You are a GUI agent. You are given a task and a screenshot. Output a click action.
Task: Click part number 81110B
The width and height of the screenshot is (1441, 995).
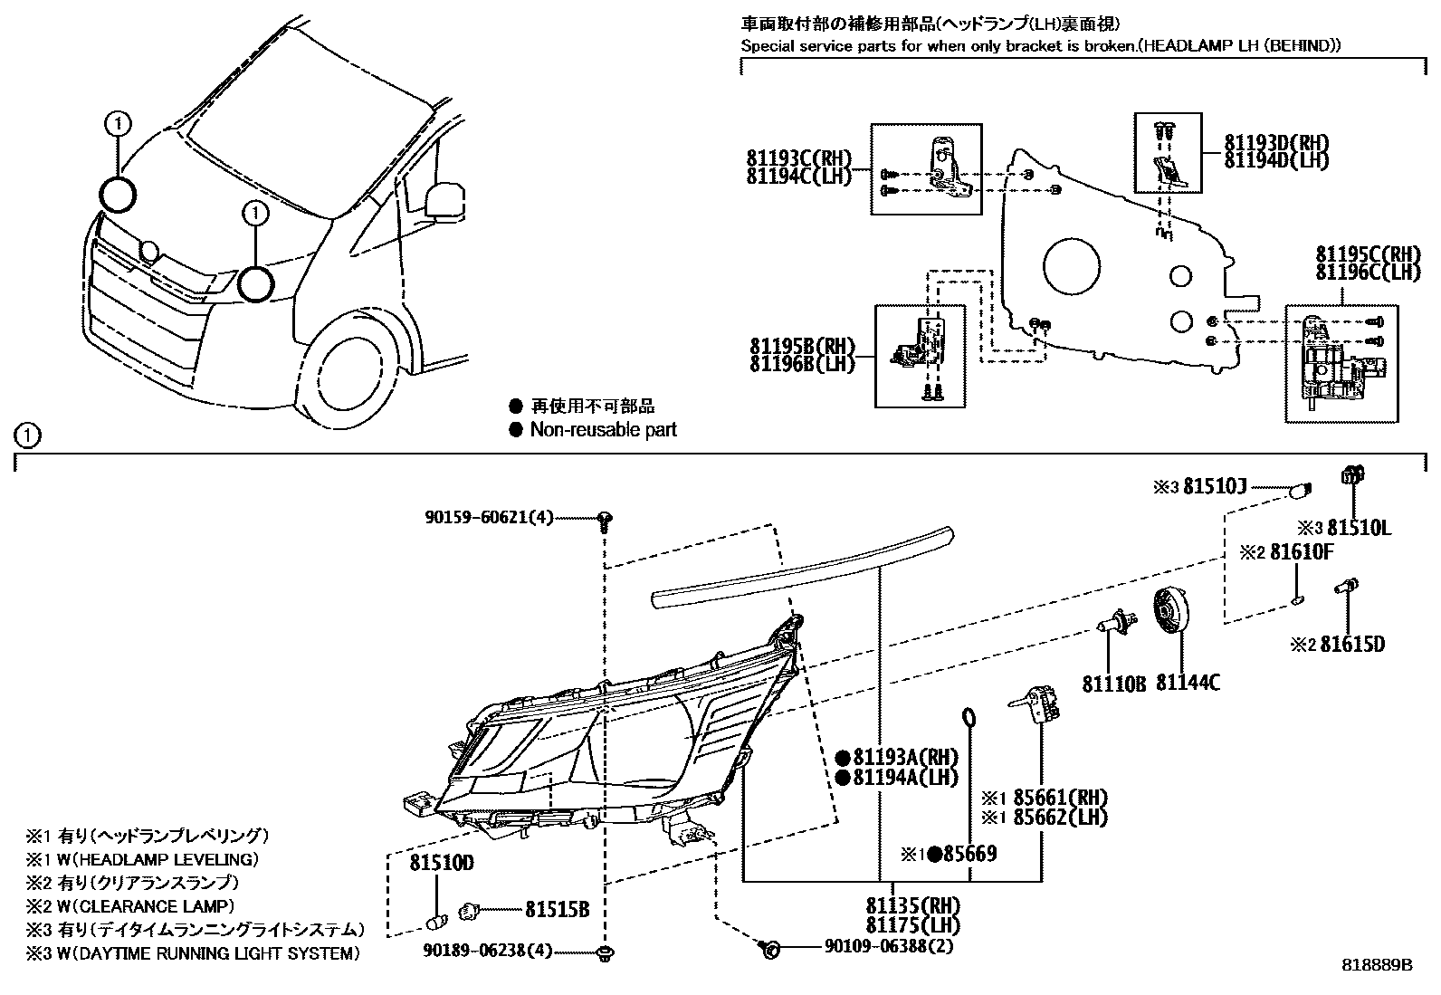(1113, 683)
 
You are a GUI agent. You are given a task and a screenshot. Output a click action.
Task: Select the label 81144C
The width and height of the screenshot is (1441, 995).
(1188, 683)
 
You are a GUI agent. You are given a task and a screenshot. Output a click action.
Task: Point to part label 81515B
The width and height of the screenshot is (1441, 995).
(558, 909)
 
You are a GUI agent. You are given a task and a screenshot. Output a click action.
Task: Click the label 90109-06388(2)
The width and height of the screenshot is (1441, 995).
(889, 947)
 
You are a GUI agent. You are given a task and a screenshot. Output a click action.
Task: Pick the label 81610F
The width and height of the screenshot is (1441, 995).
(1302, 551)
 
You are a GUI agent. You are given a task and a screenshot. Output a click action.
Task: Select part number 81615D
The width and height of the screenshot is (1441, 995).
(1351, 645)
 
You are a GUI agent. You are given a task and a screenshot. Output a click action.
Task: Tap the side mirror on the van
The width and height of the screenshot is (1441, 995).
(446, 200)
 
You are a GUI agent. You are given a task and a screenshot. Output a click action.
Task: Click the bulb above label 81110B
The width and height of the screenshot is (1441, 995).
(1110, 622)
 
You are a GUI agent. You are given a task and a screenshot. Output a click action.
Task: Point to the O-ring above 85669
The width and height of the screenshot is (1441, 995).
(969, 719)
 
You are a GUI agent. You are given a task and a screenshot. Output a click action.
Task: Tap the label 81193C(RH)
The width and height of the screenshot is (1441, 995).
(799, 158)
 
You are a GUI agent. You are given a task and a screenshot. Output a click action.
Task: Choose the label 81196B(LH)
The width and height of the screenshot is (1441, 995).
(802, 365)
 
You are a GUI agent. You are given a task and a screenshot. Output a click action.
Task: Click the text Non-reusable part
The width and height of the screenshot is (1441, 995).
(603, 430)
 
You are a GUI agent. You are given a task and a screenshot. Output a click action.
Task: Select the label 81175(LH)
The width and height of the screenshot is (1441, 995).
(912, 925)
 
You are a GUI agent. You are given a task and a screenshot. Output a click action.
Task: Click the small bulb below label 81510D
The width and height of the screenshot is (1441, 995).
(437, 922)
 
